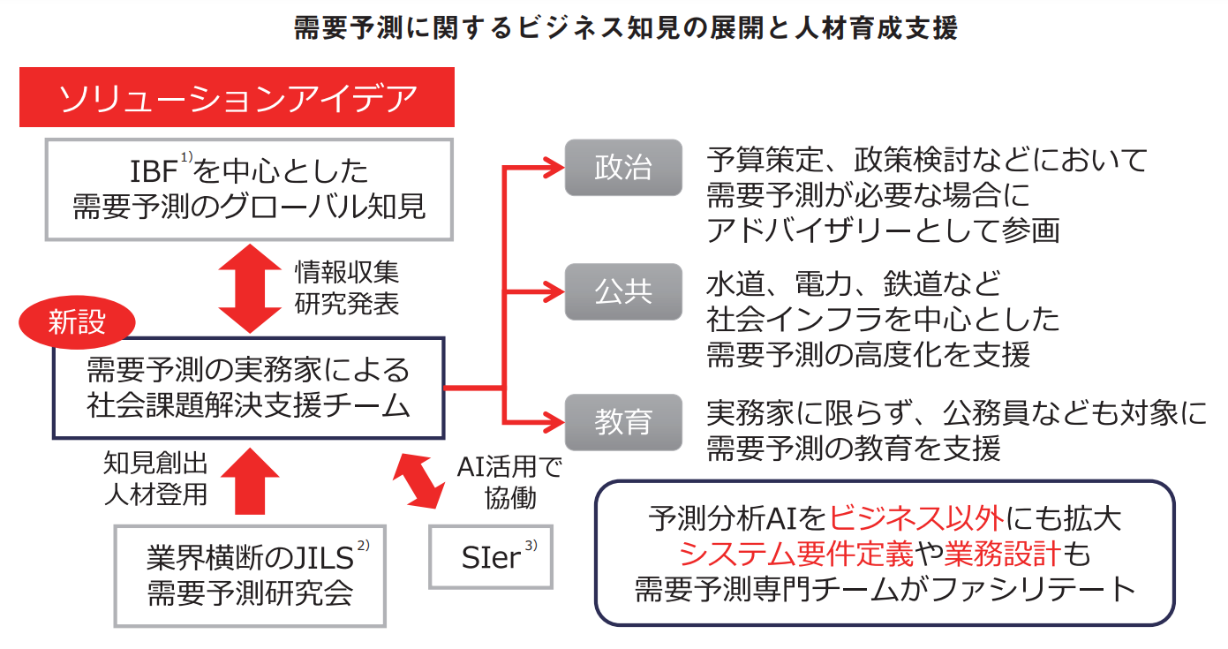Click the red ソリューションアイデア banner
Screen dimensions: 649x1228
tap(237, 97)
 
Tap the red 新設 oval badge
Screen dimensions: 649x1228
tap(77, 321)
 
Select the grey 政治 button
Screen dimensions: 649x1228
tap(623, 168)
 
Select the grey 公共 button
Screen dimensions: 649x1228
tap(623, 291)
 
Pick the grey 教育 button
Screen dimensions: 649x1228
tap(623, 422)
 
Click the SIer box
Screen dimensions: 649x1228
tap(491, 557)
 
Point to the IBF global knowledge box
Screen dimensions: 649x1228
tap(249, 189)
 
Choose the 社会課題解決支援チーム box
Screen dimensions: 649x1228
tap(248, 388)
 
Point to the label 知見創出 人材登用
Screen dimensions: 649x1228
tap(155, 478)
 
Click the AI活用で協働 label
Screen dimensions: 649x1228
tap(509, 482)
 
